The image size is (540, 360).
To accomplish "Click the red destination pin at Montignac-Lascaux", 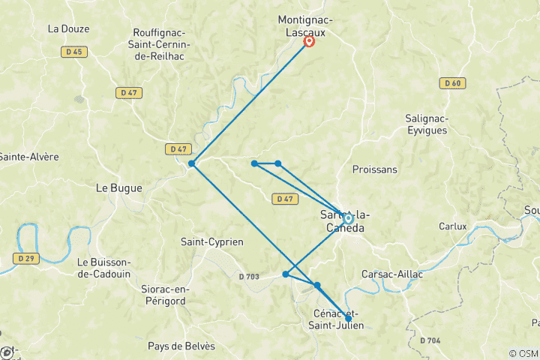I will (x=308, y=41).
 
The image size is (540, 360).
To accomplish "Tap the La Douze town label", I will (x=68, y=29).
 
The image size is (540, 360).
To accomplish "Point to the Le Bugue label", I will (x=118, y=188).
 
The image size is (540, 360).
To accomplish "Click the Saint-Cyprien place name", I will (x=212, y=241).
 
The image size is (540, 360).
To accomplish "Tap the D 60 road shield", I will (x=451, y=83).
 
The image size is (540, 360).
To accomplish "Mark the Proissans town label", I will (x=374, y=169).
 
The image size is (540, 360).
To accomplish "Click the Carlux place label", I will (x=453, y=226).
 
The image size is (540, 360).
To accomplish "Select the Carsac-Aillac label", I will (x=392, y=274).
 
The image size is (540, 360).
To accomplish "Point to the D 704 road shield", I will (x=430, y=340).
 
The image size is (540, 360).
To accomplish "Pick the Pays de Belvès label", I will (x=181, y=346).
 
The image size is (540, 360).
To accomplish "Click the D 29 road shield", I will (x=25, y=258).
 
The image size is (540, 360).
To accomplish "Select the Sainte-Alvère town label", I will (x=29, y=157).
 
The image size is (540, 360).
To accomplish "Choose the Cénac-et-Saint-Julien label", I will (x=337, y=318).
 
